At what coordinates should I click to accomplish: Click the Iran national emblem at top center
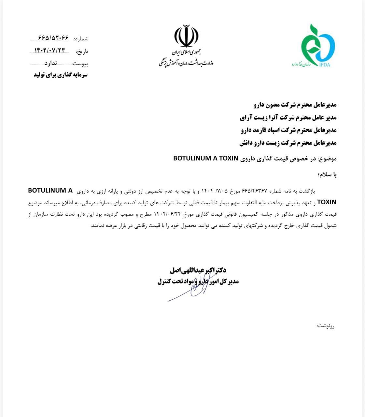click(186, 36)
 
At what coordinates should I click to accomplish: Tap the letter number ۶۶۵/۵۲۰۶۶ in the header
click(53, 37)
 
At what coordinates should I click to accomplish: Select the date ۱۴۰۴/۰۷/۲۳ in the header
click(50, 50)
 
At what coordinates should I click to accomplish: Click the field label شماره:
click(81, 39)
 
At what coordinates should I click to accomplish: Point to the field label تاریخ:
click(82, 51)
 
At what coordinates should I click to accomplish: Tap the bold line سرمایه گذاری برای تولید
click(61, 75)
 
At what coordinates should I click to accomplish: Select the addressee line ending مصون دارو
click(295, 105)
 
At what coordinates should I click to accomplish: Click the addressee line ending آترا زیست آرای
click(288, 117)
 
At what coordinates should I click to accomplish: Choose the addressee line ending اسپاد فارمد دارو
click(288, 130)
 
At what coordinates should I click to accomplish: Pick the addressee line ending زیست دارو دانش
click(288, 143)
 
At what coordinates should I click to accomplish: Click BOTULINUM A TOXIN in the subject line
click(206, 159)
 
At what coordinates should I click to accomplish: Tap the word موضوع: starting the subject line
click(328, 159)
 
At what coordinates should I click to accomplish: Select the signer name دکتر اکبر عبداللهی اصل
click(198, 270)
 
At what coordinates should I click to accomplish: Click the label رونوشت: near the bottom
click(326, 326)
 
